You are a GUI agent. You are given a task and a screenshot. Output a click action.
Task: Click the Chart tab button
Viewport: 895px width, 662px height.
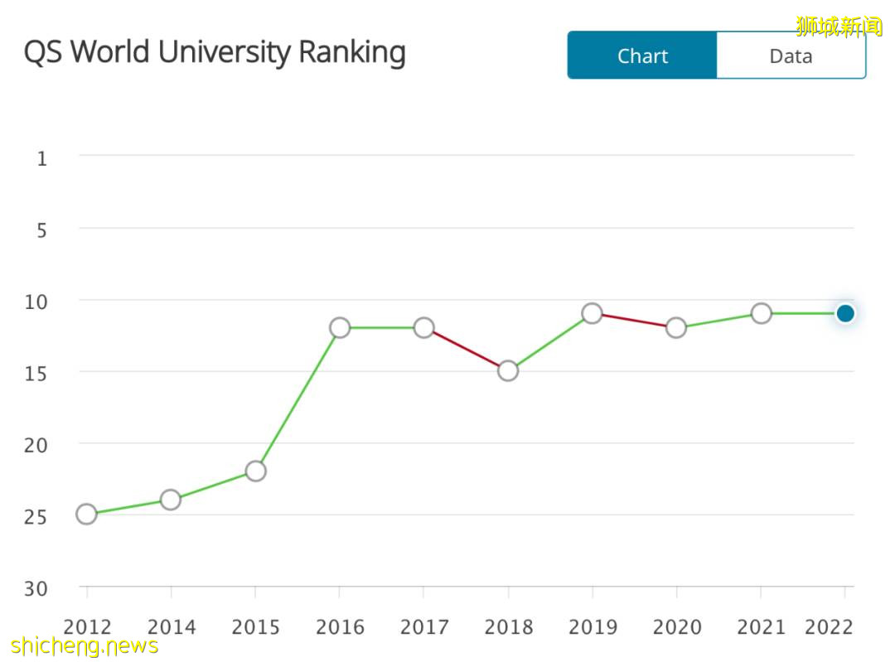642,56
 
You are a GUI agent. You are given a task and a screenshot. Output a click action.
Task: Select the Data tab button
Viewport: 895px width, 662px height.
791,56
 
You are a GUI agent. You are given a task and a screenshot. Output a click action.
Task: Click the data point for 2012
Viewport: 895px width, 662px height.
86,515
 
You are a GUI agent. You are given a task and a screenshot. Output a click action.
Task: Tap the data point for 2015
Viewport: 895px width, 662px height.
255,471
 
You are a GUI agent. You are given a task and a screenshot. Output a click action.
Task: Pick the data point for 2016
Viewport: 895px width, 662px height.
340,328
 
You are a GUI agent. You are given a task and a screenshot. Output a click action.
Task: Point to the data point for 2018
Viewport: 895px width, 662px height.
508,371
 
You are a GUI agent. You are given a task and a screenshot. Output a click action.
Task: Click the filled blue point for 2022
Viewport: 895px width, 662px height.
845,313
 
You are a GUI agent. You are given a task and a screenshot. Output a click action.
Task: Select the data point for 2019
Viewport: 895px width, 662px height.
592,313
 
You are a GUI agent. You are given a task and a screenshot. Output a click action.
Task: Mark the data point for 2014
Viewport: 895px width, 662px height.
171,500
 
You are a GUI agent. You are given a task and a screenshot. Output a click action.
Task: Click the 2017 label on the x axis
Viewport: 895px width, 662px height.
423,627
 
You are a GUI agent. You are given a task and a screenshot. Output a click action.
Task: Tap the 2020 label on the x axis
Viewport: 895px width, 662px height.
676,627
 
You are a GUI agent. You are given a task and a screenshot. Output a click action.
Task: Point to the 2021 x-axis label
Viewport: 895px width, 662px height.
761,627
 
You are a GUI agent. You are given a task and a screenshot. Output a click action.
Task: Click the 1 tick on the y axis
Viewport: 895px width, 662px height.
42,157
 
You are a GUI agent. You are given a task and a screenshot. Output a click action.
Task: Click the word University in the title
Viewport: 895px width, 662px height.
225,51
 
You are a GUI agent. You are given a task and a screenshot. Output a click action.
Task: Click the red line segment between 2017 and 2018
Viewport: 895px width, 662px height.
466,350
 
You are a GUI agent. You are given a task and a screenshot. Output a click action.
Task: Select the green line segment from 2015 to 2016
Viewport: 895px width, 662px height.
298,399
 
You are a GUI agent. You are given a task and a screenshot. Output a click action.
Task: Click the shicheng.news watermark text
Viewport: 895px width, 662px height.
85,645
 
